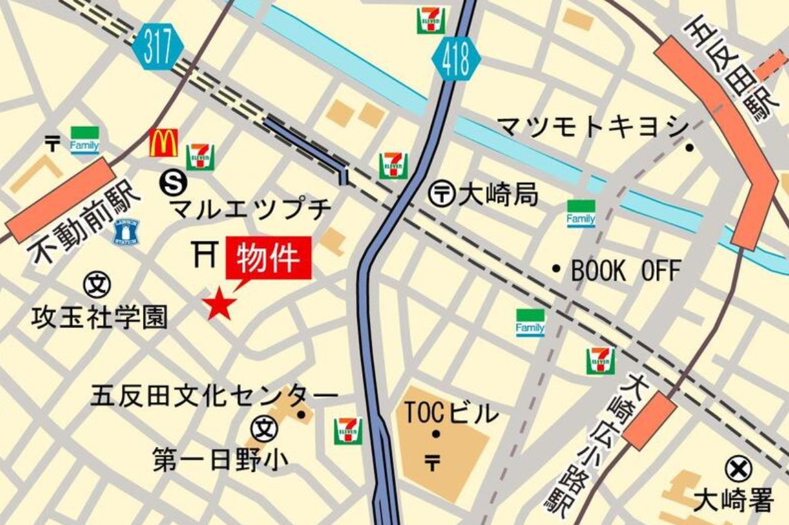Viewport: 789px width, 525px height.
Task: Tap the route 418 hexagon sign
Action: [x=457, y=59]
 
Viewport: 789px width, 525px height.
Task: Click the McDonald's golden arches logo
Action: [x=164, y=142]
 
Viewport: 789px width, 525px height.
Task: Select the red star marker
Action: [x=219, y=304]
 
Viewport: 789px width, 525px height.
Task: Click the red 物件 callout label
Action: [x=269, y=258]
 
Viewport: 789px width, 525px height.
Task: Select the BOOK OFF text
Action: [x=625, y=271]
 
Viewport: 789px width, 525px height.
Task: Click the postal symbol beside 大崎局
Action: [x=442, y=194]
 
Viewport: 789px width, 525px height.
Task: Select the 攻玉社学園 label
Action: [x=99, y=317]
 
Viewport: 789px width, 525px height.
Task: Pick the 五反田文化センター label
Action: [x=213, y=395]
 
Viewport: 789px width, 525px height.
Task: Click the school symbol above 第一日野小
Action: [x=264, y=428]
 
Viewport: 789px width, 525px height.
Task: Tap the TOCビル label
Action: [x=451, y=413]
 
